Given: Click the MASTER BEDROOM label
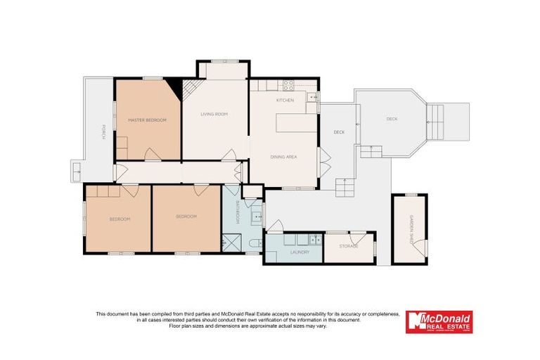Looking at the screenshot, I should click(x=147, y=120).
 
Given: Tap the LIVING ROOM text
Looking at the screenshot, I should click(x=214, y=114).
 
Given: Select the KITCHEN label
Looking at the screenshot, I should click(x=284, y=101).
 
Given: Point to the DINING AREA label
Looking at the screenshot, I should click(x=283, y=157).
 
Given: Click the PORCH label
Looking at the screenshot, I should click(x=103, y=131).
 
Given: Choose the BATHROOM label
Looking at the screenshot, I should click(x=238, y=212).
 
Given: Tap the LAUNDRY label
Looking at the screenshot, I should click(x=290, y=251).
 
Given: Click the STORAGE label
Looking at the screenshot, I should click(x=349, y=246).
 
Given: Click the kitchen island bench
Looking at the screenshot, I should click(x=291, y=123).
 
